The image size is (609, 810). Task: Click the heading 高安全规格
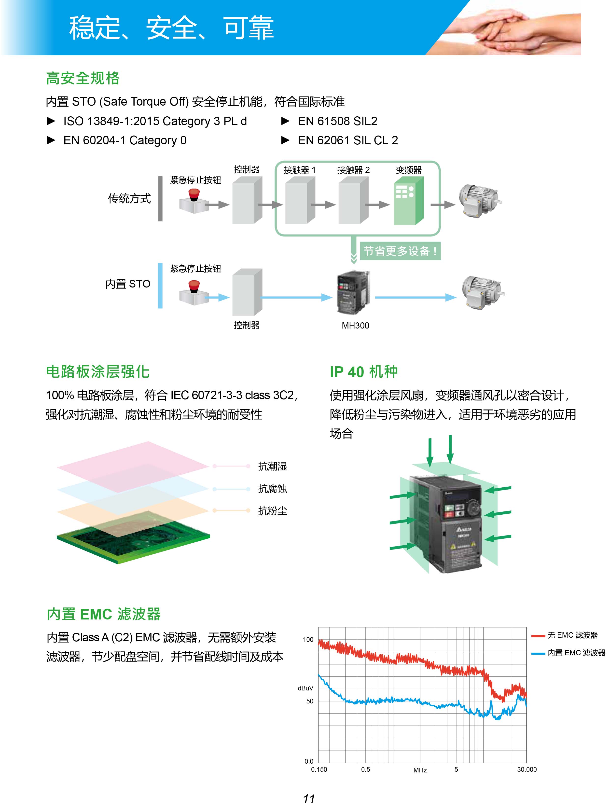83,78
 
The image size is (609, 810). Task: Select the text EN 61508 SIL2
337,121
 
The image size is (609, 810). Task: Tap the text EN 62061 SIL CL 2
347,140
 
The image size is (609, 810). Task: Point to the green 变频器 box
408,201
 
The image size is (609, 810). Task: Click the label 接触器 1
299,170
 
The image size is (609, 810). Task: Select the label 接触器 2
353,170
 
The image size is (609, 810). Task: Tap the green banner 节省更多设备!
400,251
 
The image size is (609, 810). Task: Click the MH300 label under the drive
355,326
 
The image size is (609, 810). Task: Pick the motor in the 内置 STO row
482,292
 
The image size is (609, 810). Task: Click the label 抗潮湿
273,466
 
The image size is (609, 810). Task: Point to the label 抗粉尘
273,511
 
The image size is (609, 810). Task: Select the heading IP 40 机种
364,372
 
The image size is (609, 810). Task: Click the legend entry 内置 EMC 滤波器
576,653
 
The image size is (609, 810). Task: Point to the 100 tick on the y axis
308,640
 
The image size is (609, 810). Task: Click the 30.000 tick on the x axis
526,769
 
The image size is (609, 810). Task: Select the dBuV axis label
305,688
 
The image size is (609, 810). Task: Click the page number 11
309,799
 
